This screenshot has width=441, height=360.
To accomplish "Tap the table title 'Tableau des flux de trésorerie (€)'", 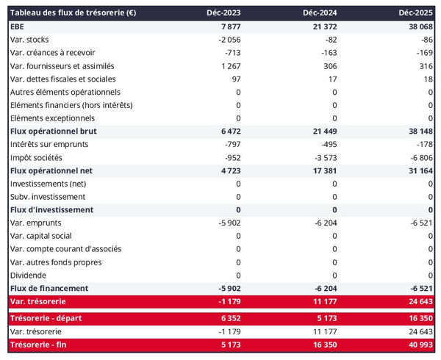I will point(73,13).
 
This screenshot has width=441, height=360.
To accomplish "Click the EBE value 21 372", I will point(322,26).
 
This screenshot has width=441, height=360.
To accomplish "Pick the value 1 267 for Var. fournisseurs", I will point(229,66).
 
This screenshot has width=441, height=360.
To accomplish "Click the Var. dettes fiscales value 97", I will point(234,79).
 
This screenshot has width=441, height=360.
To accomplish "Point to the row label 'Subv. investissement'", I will point(48,197).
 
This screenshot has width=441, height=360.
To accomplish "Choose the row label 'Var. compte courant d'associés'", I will point(66,249).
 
